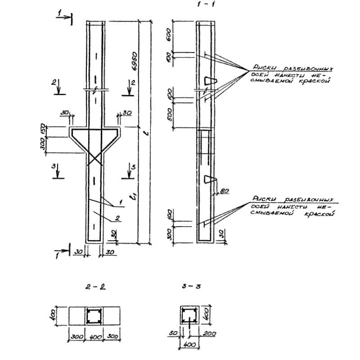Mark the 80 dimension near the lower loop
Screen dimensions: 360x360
[x=223, y=191]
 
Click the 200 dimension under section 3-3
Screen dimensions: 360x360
[x=209, y=334]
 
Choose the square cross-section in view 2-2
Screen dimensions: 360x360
[x=95, y=316]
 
